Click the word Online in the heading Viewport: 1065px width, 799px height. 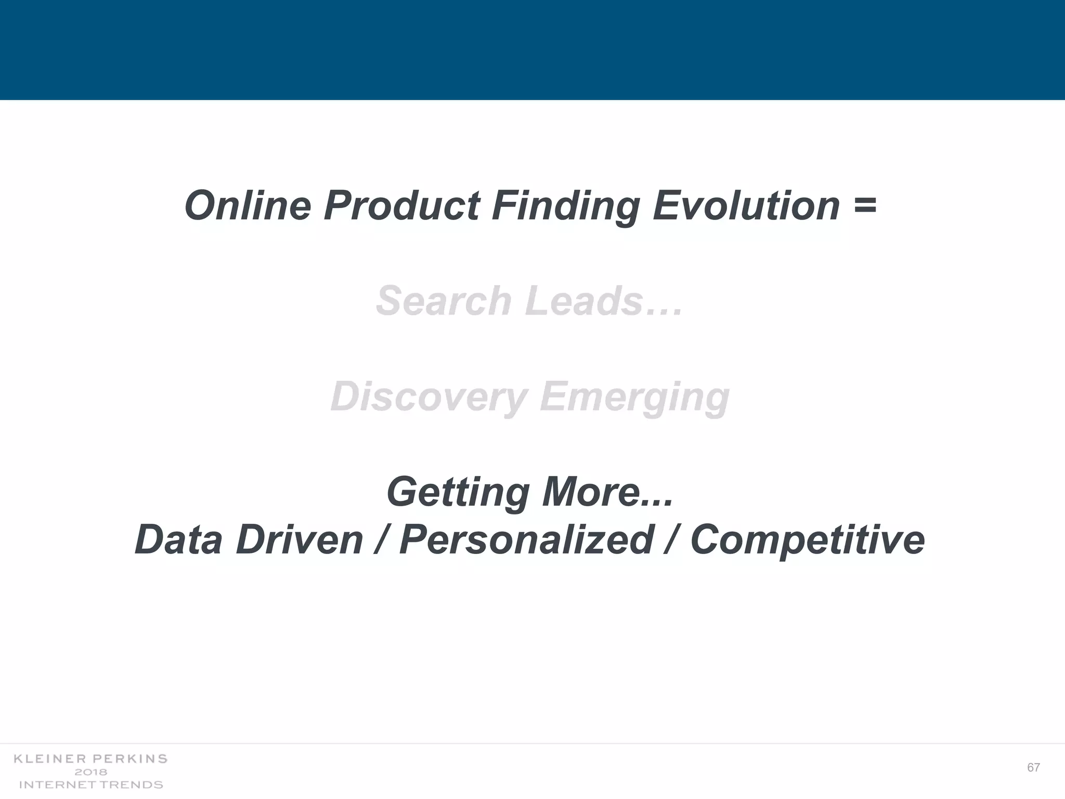point(248,205)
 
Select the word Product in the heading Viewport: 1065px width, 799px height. point(401,205)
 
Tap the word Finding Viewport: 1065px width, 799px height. point(566,207)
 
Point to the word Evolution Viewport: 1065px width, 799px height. point(746,205)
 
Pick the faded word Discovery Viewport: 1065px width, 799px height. point(429,397)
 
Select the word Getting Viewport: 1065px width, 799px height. point(458,493)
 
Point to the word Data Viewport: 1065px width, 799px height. point(178,539)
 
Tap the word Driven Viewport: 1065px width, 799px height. point(299,539)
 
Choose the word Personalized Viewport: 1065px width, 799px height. point(526,539)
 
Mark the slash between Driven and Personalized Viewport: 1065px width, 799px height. point(381,539)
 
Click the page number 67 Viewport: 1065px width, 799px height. point(1033,767)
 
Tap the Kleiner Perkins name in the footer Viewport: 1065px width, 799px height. point(90,759)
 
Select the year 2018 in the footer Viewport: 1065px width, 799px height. point(91,772)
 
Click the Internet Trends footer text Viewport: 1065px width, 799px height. point(91,784)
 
